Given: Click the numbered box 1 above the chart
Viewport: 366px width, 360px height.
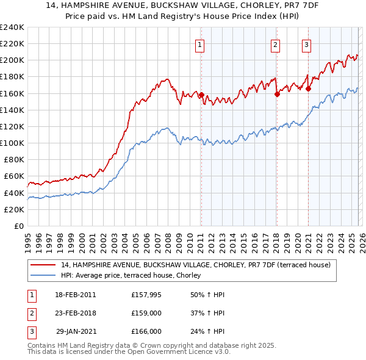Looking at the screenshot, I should pyautogui.click(x=200, y=44).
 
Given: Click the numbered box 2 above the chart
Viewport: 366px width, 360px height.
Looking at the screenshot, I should pyautogui.click(x=276, y=44).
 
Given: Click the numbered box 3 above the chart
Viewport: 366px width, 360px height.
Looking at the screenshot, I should pyautogui.click(x=306, y=44).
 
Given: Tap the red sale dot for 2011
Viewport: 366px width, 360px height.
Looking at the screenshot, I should pyautogui.click(x=201, y=95).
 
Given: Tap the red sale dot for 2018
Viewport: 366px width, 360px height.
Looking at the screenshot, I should pyautogui.click(x=277, y=94).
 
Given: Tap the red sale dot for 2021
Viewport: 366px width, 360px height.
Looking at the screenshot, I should pyautogui.click(x=309, y=88).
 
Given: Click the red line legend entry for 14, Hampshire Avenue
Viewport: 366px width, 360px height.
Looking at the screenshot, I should pyautogui.click(x=195, y=265).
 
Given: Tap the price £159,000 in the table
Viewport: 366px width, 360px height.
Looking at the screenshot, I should pyautogui.click(x=146, y=313).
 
